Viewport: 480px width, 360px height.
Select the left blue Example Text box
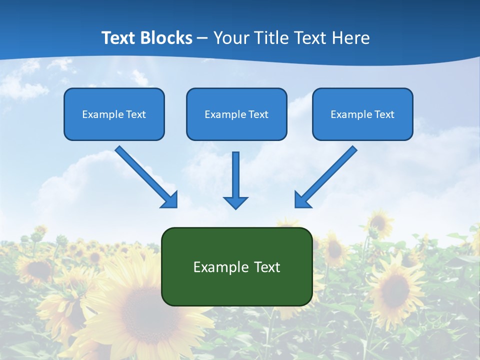(x=114, y=114)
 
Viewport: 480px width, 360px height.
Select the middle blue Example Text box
(x=236, y=114)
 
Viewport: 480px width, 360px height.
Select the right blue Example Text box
(x=362, y=114)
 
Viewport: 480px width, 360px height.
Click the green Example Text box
(x=236, y=266)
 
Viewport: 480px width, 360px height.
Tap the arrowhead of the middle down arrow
(x=235, y=202)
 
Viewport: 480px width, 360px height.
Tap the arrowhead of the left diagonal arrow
(x=170, y=200)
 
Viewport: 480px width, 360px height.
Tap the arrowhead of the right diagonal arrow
(x=302, y=200)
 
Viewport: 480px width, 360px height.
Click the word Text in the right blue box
(x=384, y=114)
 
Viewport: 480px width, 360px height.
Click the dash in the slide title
(x=202, y=38)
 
